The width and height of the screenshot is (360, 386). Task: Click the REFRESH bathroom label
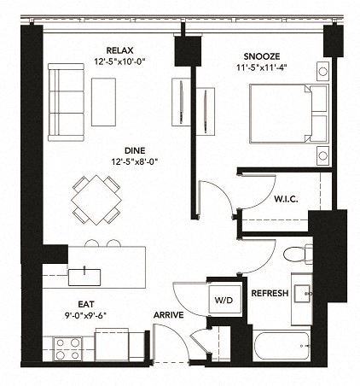[270, 293]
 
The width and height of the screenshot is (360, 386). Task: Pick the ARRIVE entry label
[169, 315]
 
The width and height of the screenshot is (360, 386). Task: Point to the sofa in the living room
[65, 101]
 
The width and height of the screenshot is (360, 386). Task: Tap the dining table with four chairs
[96, 198]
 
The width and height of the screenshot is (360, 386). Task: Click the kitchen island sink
[85, 276]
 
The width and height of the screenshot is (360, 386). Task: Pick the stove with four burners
[67, 349]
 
